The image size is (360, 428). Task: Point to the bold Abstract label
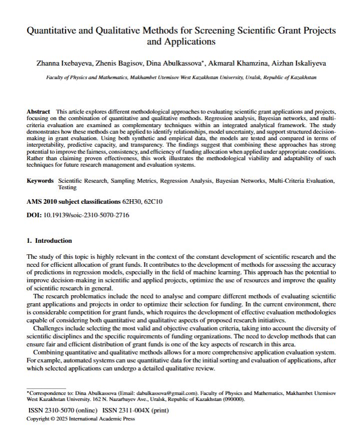coord(38,111)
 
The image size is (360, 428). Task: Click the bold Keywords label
coord(40,181)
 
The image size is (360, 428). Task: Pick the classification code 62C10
coord(152,202)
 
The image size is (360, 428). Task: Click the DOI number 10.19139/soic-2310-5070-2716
coord(86,215)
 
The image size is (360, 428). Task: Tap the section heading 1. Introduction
coord(49,240)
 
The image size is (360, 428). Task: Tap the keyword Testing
coord(67,188)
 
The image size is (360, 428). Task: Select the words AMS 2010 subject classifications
coord(73,202)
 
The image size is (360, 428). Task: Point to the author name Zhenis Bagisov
coord(113,64)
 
